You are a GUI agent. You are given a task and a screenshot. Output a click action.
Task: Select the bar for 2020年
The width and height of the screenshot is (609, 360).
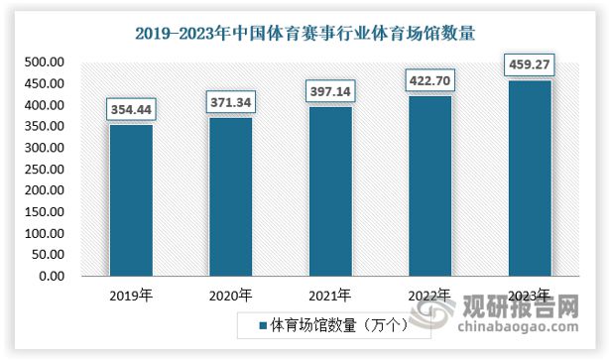[231, 196]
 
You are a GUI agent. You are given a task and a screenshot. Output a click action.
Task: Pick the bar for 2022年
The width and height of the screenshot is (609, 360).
[430, 185]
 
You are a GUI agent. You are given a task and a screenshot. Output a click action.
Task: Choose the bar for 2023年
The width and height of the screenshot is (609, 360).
[530, 178]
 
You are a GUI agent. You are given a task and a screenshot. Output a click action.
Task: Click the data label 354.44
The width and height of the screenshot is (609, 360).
[131, 107]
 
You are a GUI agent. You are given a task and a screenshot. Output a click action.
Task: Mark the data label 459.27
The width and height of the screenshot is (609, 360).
[530, 63]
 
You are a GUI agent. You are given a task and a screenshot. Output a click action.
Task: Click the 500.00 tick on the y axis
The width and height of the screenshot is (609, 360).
[45, 62]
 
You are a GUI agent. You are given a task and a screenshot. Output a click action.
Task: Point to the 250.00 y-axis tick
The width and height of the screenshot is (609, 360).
[45, 170]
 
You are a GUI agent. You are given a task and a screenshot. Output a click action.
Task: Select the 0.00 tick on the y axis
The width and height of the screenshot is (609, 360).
[52, 276]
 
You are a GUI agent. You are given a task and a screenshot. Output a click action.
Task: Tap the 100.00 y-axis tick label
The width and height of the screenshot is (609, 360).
[45, 233]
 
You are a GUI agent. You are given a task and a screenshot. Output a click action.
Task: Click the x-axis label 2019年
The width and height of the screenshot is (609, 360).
[131, 295]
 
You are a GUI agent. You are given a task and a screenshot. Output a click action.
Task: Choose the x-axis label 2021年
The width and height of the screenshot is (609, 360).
[330, 295]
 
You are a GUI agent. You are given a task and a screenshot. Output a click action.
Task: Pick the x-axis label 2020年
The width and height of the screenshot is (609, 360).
[231, 295]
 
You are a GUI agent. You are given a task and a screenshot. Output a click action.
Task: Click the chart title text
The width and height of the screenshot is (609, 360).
[304, 32]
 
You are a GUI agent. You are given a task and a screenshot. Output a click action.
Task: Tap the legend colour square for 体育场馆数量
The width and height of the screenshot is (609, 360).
[263, 324]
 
